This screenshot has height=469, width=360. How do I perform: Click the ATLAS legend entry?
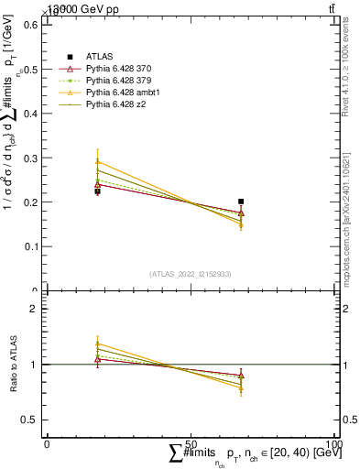click(99, 57)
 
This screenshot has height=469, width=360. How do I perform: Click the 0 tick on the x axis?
click(47, 443)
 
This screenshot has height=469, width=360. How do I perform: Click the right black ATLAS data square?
click(241, 202)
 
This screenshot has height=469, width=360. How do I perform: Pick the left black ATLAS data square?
click(98, 191)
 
